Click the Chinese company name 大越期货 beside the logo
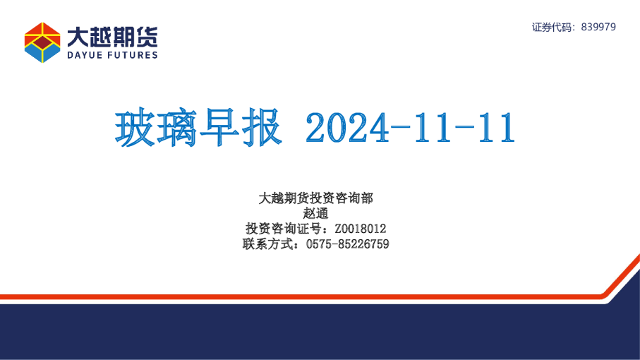[112, 36]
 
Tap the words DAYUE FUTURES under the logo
[112, 54]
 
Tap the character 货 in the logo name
[147, 36]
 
